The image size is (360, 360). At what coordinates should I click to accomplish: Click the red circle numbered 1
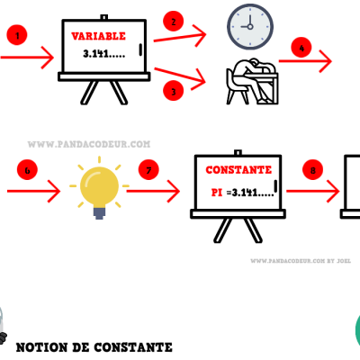17,35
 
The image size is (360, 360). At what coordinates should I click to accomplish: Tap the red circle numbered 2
174,21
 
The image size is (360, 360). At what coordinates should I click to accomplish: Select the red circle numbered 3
174,91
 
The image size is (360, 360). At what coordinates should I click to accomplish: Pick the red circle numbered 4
301,48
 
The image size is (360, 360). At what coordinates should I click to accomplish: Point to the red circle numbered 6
27,170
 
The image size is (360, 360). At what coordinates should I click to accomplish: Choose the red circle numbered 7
148,170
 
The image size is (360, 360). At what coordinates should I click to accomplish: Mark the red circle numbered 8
312,170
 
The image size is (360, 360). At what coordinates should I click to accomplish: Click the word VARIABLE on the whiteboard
98,36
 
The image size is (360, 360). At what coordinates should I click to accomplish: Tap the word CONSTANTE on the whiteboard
238,170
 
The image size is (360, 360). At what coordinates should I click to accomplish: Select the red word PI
217,193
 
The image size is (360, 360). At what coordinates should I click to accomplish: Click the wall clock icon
250,27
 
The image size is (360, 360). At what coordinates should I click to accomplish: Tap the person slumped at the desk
252,81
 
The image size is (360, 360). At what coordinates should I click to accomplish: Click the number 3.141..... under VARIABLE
103,54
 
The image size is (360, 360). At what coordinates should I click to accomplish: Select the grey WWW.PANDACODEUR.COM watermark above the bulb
89,144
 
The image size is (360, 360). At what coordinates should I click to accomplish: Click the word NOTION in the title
41,347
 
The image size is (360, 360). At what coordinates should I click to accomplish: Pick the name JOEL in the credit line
344,261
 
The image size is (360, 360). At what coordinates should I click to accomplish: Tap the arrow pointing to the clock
180,36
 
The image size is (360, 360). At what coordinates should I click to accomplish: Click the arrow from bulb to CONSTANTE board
153,191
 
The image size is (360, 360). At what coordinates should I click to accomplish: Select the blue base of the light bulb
99,213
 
